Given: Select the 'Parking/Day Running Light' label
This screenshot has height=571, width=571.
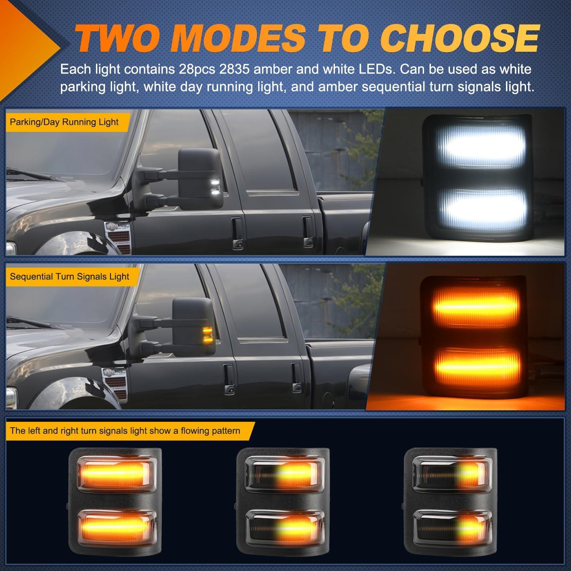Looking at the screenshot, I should pyautogui.click(x=64, y=122).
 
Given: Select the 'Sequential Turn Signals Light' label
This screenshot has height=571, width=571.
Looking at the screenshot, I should pyautogui.click(x=70, y=276).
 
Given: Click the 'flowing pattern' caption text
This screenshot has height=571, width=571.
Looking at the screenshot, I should pyautogui.click(x=125, y=431).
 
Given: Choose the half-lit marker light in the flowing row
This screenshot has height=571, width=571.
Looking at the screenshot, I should pyautogui.click(x=281, y=502).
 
